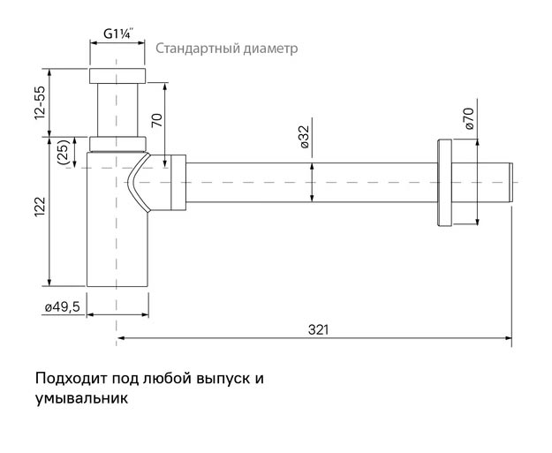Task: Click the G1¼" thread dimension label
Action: (x=117, y=34)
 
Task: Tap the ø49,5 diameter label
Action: (x=63, y=306)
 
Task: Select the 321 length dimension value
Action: (x=319, y=329)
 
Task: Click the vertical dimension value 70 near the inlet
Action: (x=157, y=119)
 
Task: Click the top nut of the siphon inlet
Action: (x=117, y=74)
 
